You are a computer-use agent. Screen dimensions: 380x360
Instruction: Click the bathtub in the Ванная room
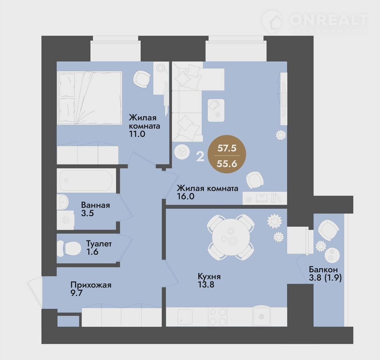[x=86, y=180]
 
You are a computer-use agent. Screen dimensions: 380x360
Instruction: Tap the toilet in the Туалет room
[x=69, y=248]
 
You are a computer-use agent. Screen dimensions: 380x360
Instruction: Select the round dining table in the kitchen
[x=230, y=237]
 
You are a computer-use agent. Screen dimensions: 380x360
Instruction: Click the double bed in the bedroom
[x=89, y=98]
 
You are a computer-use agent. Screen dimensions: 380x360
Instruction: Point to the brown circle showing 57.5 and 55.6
[x=227, y=154]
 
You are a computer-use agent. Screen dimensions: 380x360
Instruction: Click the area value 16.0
[x=186, y=196]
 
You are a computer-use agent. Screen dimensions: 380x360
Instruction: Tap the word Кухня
[x=209, y=277]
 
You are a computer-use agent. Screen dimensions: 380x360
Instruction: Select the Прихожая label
[x=91, y=285]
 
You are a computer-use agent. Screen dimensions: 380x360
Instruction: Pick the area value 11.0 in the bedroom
[x=137, y=134]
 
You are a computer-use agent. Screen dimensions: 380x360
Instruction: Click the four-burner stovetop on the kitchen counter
[x=218, y=317]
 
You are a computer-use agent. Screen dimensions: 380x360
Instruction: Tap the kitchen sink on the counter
[x=185, y=317]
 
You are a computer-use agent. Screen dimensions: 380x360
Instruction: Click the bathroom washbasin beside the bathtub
[x=63, y=202]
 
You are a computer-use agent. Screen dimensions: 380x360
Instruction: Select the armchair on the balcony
[x=329, y=230]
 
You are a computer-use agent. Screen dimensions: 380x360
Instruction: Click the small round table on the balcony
[x=332, y=255]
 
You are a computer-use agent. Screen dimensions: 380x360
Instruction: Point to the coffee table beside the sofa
[x=216, y=110]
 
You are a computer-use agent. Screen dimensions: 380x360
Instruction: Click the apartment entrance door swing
[x=35, y=293]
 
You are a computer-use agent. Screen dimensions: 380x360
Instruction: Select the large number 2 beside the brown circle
[x=200, y=157]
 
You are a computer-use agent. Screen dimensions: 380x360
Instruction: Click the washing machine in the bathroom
[x=65, y=220]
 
